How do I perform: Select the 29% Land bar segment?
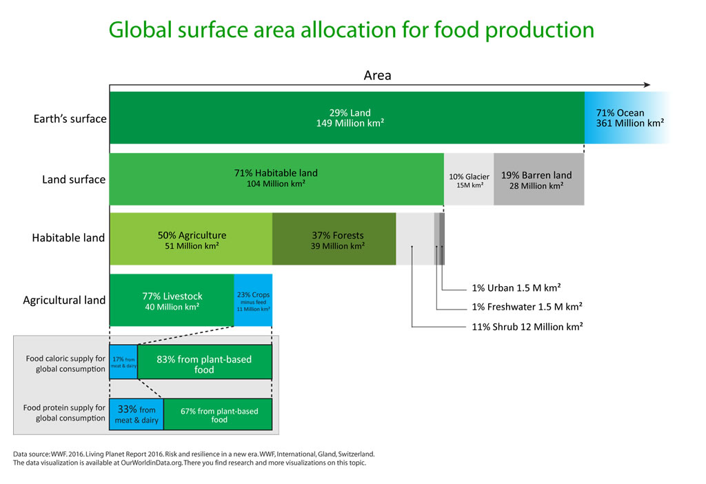click(347, 118)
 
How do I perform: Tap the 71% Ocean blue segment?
click(627, 118)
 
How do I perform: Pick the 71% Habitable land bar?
click(276, 179)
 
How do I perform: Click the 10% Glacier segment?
click(469, 179)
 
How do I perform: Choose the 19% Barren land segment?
click(539, 179)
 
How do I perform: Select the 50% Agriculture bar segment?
click(191, 239)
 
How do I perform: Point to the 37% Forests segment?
click(334, 239)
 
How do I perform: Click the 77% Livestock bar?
click(172, 301)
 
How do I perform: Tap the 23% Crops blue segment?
click(253, 301)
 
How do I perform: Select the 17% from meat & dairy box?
click(123, 362)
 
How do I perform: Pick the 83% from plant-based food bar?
click(205, 362)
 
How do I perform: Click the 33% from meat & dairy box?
click(137, 414)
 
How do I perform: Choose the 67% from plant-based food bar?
click(218, 414)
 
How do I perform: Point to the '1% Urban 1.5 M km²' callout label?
click(516, 288)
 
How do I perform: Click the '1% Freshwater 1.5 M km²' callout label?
click(527, 307)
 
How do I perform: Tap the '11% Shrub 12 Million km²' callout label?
click(527, 326)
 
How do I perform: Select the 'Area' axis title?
click(377, 75)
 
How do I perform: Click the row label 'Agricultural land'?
click(64, 301)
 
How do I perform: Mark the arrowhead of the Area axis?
click(647, 85)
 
